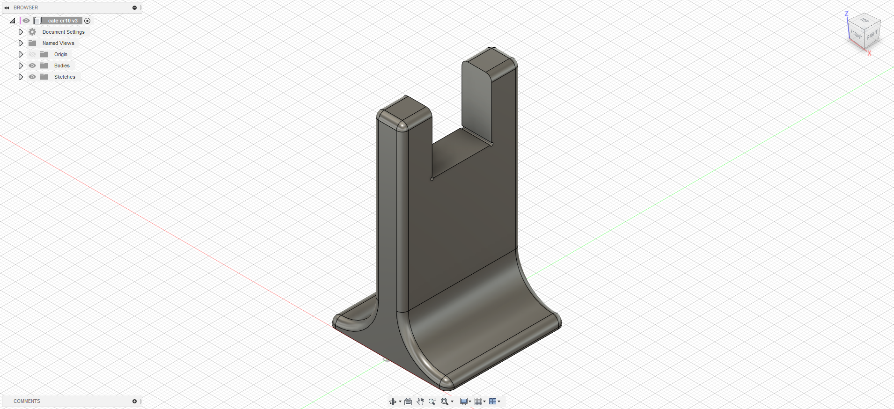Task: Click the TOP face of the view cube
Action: click(x=865, y=21)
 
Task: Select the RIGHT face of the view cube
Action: click(x=872, y=36)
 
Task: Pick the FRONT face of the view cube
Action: click(x=856, y=35)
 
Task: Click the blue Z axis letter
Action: click(x=846, y=14)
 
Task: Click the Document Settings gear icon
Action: click(x=32, y=32)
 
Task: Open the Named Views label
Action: click(x=59, y=43)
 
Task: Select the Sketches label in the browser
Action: click(x=65, y=77)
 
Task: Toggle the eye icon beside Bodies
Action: click(x=32, y=66)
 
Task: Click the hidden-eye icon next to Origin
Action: click(x=32, y=54)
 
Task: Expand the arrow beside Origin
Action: click(x=21, y=54)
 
